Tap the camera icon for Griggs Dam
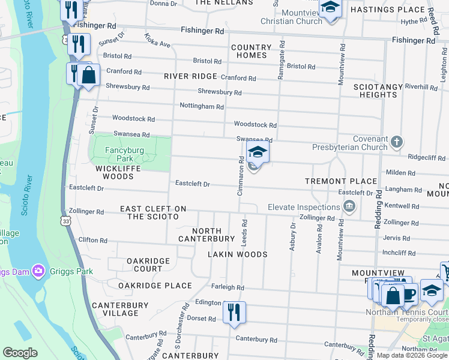tap(39, 271)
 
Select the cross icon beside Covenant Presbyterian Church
tap(396, 142)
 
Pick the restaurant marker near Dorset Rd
tap(234, 313)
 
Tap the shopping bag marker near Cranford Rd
tap(88, 76)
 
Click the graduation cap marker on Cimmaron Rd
tap(258, 153)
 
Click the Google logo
tap(20, 353)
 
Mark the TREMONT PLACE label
tap(341, 181)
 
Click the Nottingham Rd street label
tap(202, 106)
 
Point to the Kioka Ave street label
tap(157, 40)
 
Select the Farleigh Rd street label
tap(228, 287)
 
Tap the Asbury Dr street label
tap(293, 237)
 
